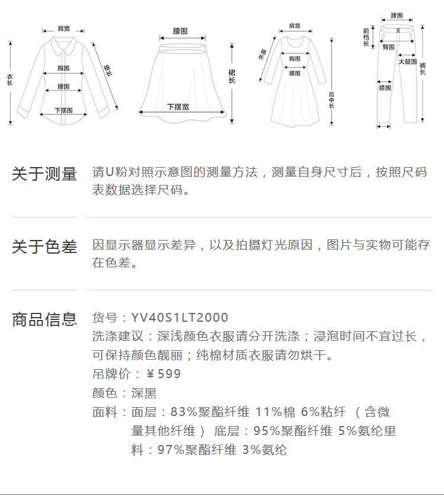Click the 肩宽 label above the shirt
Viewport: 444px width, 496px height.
pyautogui.click(x=63, y=28)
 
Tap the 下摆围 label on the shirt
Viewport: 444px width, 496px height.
pyautogui.click(x=63, y=110)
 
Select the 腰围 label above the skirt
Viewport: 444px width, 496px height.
pyautogui.click(x=181, y=30)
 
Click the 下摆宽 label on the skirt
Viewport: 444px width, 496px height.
pyautogui.click(x=178, y=107)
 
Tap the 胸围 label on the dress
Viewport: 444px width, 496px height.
pyautogui.click(x=295, y=59)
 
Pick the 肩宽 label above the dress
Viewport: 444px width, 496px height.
pyautogui.click(x=294, y=26)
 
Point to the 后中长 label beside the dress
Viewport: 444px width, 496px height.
pyautogui.click(x=332, y=99)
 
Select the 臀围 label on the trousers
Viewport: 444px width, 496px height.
pyautogui.click(x=389, y=47)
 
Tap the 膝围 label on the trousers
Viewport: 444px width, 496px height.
pyautogui.click(x=385, y=88)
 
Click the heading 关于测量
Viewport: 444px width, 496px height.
pyautogui.click(x=45, y=174)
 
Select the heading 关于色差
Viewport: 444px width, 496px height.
pyautogui.click(x=45, y=247)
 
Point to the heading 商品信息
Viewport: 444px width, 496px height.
pyautogui.click(x=45, y=319)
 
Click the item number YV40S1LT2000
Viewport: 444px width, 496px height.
pyautogui.click(x=179, y=318)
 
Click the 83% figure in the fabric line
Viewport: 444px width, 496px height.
pyautogui.click(x=181, y=412)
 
